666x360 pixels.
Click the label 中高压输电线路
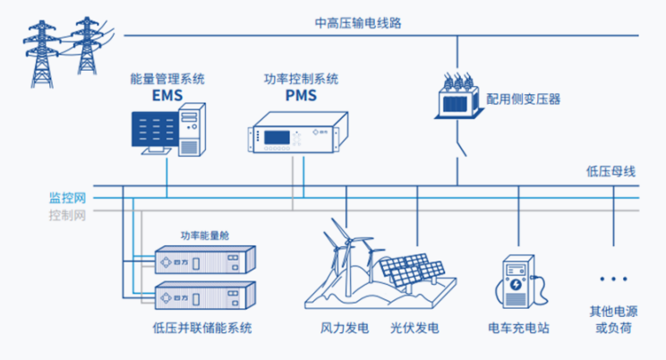pos(358,22)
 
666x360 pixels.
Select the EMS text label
pos(166,94)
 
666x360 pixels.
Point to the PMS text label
pos(301,94)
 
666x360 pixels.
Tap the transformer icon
pos(457,94)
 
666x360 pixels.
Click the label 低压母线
pos(610,171)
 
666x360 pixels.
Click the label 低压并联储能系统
pos(203,329)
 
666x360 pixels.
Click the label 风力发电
pos(345,329)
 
